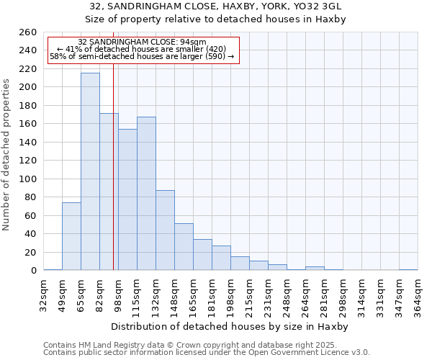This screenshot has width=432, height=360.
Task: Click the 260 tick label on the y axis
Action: [x=28, y=32]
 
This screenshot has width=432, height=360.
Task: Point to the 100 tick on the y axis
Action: [x=28, y=179]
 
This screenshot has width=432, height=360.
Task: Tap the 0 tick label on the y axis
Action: [x=33, y=271]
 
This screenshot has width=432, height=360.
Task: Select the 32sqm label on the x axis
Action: [x=43, y=294]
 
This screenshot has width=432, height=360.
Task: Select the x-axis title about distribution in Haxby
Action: [x=230, y=326]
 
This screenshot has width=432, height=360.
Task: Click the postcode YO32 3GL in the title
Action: [x=318, y=6]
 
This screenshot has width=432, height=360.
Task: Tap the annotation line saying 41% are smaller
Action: [x=141, y=48]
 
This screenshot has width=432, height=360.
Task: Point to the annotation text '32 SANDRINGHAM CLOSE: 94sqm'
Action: [x=142, y=42]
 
